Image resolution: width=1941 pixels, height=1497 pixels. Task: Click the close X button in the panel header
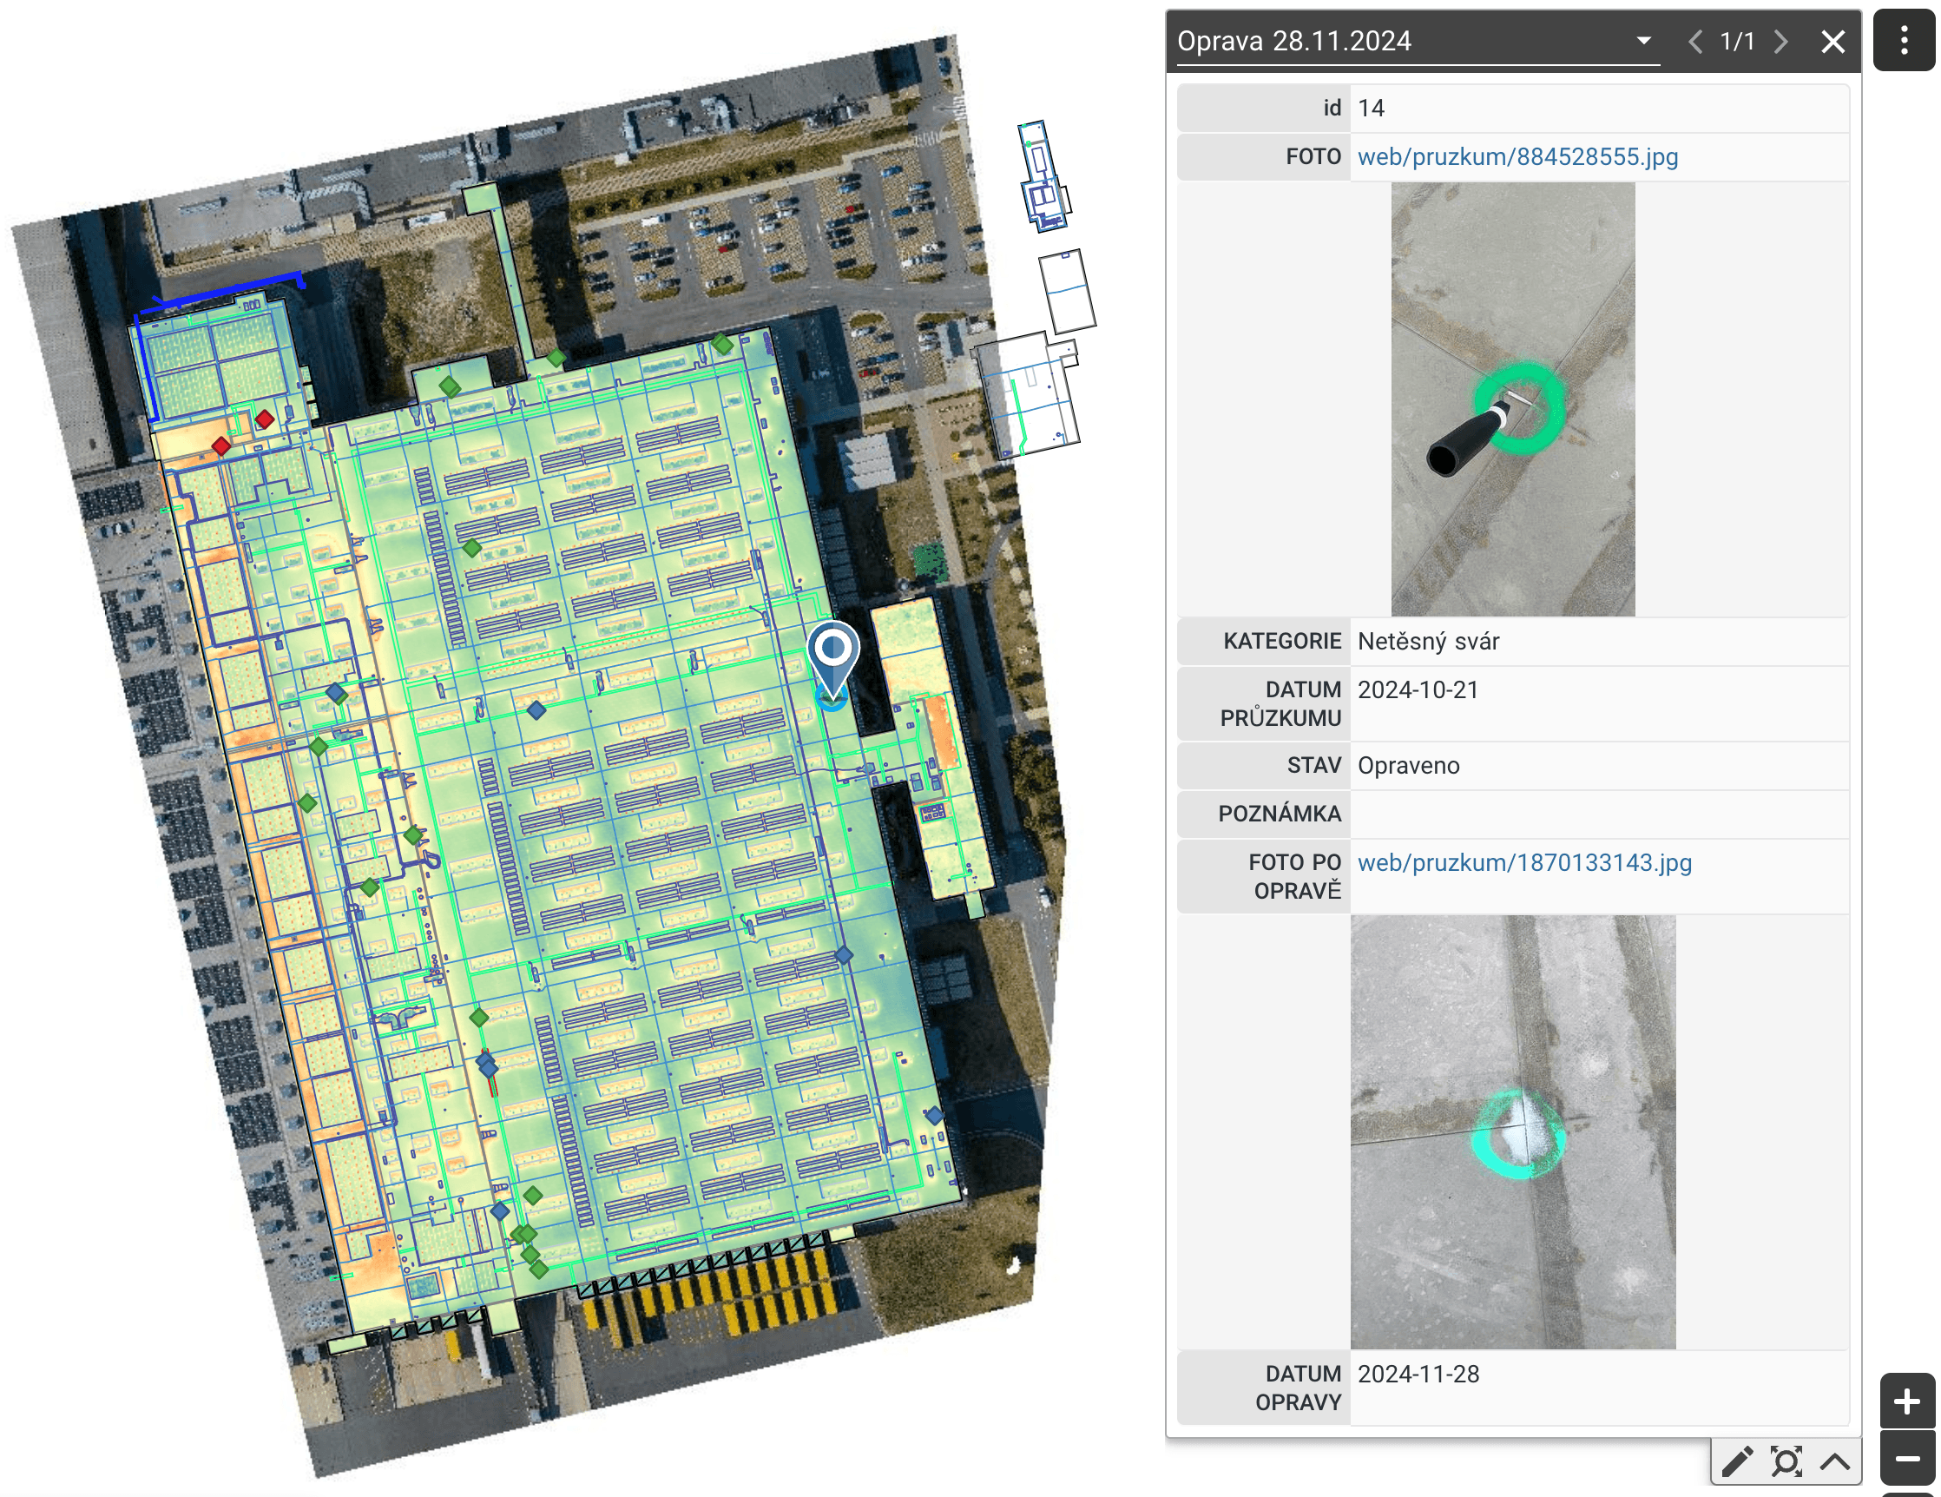pyautogui.click(x=1832, y=42)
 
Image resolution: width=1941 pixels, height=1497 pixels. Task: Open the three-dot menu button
pyautogui.click(x=1904, y=40)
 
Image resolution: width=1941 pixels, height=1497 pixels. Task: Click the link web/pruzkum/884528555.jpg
pyautogui.click(x=1518, y=157)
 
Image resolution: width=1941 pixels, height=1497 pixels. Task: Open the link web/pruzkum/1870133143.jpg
pyautogui.click(x=1525, y=863)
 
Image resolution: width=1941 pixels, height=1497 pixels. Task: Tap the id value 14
pyautogui.click(x=1372, y=109)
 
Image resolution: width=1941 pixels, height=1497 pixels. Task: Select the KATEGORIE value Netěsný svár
pyautogui.click(x=1428, y=642)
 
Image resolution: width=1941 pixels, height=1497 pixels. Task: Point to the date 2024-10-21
pyautogui.click(x=1418, y=690)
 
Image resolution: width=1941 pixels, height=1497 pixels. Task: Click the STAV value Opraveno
pyautogui.click(x=1409, y=766)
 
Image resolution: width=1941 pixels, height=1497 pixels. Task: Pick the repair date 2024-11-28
pyautogui.click(x=1418, y=1375)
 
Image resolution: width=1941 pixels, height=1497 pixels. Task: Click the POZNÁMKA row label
pyautogui.click(x=1280, y=814)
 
